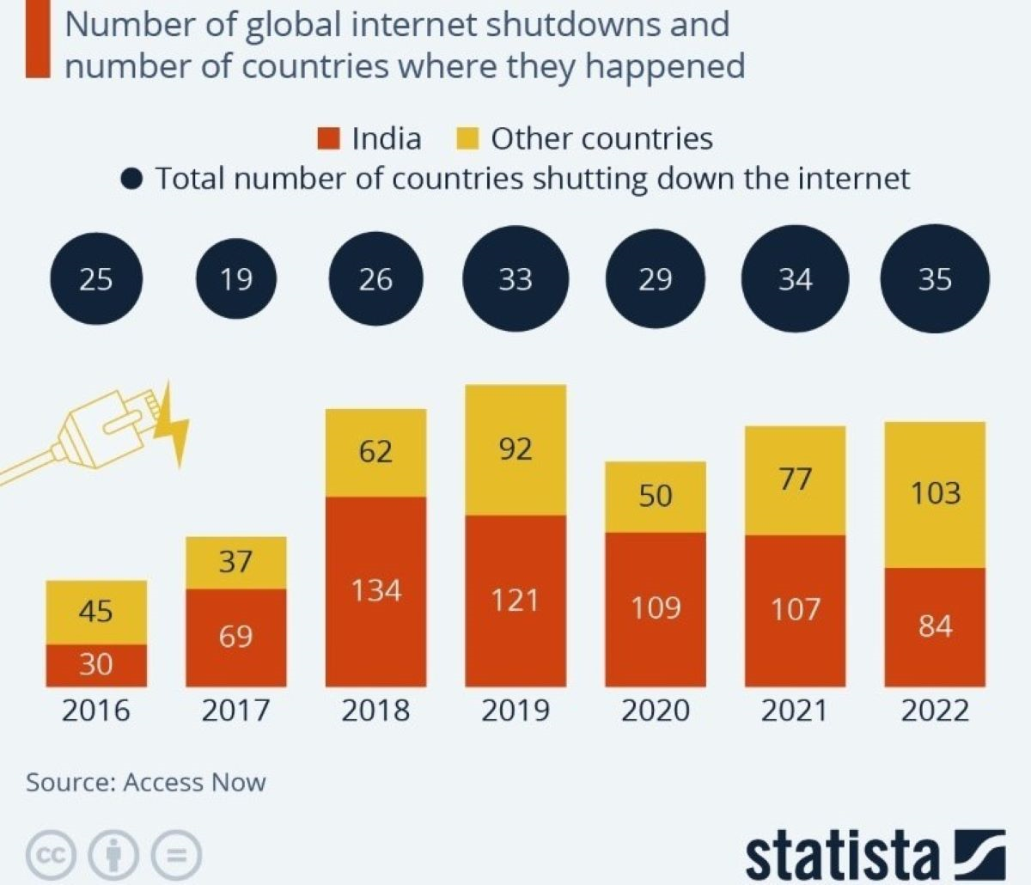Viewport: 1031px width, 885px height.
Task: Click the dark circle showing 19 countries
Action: coord(236,279)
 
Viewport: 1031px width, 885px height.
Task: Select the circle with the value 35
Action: coord(935,279)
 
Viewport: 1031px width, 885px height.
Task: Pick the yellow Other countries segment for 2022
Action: coord(935,494)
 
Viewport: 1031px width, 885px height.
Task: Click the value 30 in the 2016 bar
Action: coord(95,664)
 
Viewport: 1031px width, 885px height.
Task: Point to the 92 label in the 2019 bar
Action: coord(515,449)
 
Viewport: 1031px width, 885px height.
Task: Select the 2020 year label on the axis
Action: coord(656,711)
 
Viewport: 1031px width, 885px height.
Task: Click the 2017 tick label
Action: coord(235,711)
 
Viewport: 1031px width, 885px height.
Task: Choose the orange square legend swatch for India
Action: coord(329,138)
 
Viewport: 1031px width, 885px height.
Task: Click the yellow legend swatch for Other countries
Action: coord(467,138)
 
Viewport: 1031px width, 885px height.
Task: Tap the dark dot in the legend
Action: coord(131,180)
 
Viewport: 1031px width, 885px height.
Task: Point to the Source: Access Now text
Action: coord(146,783)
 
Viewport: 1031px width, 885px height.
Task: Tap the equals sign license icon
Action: coord(176,855)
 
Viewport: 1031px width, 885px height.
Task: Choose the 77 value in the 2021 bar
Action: coord(795,479)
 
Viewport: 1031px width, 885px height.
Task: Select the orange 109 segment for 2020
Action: coord(656,608)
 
